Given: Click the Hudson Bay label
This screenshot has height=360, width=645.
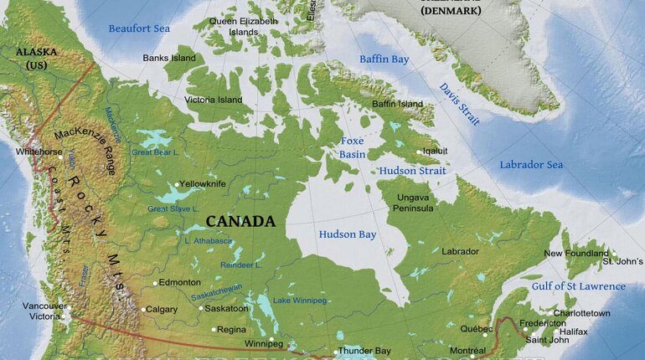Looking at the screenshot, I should [348, 234].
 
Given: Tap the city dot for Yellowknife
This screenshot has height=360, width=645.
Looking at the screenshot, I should [175, 184].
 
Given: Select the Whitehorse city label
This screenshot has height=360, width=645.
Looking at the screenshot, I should [39, 152].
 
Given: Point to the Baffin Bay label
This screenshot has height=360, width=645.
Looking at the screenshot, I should [384, 59].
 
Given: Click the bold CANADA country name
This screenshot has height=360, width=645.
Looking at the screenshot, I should [240, 221].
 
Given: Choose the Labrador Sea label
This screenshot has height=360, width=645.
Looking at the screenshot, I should [531, 165].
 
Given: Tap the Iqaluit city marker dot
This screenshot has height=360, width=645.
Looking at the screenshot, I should [420, 152].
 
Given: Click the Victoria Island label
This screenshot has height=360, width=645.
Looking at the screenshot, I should [214, 100].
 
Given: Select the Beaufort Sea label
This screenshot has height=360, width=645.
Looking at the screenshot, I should [139, 28].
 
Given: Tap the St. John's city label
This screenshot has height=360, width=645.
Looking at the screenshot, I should [623, 262].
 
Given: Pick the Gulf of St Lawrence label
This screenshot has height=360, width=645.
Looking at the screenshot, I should [578, 286].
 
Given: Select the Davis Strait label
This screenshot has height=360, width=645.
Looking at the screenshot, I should [460, 105].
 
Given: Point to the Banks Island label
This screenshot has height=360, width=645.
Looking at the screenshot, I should [169, 58].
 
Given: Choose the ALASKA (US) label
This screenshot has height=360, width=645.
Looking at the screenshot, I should [36, 58].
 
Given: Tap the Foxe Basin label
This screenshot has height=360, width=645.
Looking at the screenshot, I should [352, 147].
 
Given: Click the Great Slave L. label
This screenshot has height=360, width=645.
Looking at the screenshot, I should [173, 208].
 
